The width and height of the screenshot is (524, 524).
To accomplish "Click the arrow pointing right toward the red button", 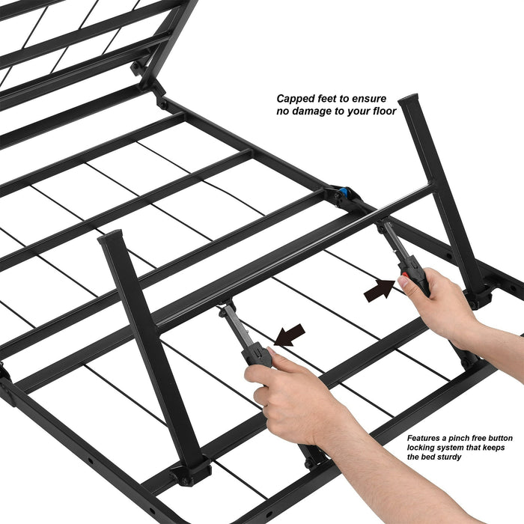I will pyautogui.click(x=379, y=288).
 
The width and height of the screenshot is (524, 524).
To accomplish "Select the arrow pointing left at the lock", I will pyautogui.click(x=290, y=335).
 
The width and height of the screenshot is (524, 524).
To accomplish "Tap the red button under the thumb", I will pyautogui.click(x=405, y=281).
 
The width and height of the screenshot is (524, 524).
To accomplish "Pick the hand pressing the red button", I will pyautogui.click(x=442, y=303).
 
